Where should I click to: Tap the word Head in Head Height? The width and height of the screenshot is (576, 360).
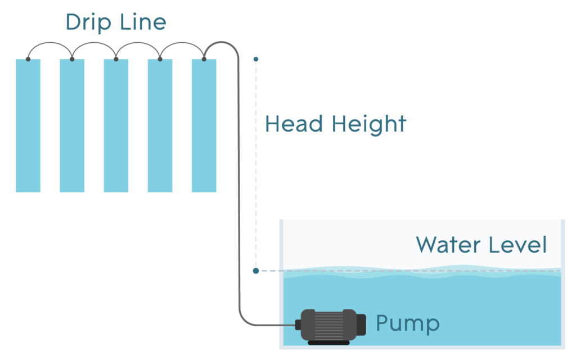[292, 124]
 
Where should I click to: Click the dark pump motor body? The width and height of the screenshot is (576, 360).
[329, 324]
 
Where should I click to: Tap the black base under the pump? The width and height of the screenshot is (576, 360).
[328, 342]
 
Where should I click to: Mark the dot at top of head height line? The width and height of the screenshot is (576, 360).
[256, 58]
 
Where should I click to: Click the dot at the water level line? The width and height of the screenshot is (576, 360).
[256, 271]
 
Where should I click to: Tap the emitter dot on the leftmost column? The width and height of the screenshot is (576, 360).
[28, 58]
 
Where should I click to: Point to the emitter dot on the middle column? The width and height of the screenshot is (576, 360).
[116, 58]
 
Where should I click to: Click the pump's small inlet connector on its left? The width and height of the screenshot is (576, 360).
[298, 324]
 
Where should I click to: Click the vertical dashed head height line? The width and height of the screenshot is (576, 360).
[256, 169]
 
